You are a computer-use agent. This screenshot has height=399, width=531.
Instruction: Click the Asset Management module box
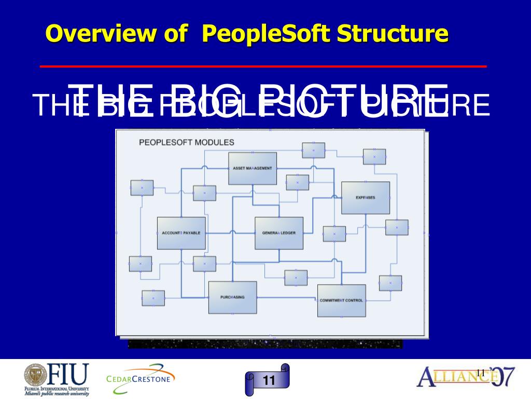[x=253, y=168]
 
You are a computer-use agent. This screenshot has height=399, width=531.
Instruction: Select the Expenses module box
[x=366, y=197]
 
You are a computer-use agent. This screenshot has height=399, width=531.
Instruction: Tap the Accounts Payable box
[x=181, y=233]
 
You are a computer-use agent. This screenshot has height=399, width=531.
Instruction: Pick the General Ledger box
[x=279, y=233]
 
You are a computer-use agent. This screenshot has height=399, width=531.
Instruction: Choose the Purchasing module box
[x=232, y=297]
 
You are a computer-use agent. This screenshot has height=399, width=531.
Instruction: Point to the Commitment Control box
[x=341, y=300]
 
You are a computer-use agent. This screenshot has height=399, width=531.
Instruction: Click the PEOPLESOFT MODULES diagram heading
[x=186, y=142]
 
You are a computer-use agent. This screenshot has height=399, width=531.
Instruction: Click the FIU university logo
[x=57, y=376]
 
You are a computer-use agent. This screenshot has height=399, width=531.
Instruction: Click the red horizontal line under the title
[x=263, y=66]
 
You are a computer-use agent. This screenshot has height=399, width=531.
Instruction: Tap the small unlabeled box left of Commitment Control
[x=296, y=278]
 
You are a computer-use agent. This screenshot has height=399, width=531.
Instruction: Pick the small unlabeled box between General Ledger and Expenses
[x=334, y=234]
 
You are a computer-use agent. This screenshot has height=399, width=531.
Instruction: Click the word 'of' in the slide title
[x=175, y=34]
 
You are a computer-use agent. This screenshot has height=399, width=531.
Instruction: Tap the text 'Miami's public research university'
[x=57, y=394]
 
